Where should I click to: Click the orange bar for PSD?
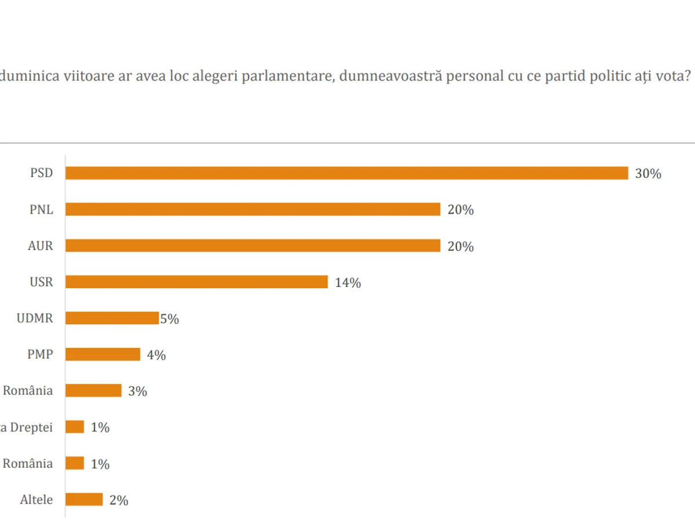pyautogui.click(x=346, y=173)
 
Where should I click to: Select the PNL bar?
pyautogui.click(x=253, y=210)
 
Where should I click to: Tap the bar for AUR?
pyautogui.click(x=253, y=246)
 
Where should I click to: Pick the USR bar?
pyautogui.click(x=196, y=282)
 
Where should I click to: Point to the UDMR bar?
pyautogui.click(x=112, y=318)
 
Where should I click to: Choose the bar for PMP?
pyautogui.click(x=103, y=354)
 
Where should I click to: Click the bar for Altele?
pyautogui.click(x=84, y=500)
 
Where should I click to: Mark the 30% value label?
pyautogui.click(x=648, y=174)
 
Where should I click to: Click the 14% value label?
pyautogui.click(x=348, y=283)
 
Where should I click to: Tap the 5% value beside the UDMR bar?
pyautogui.click(x=170, y=319)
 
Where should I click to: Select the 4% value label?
pyautogui.click(x=156, y=355)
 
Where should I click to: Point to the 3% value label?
pyautogui.click(x=137, y=391)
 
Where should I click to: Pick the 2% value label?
pyautogui.click(x=119, y=500)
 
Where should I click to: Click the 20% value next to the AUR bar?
pyautogui.click(x=460, y=247)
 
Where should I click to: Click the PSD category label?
pyautogui.click(x=41, y=173)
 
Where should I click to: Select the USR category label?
pyautogui.click(x=41, y=282)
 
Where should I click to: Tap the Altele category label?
pyautogui.click(x=36, y=500)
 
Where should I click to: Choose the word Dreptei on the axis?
pyautogui.click(x=32, y=427)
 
